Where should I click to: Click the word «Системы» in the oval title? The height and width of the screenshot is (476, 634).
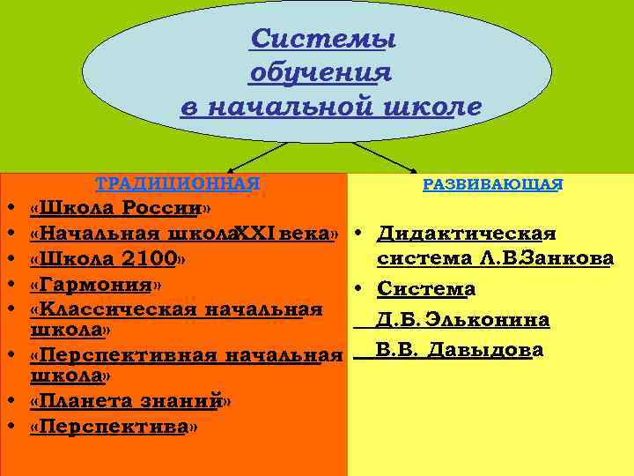(x=321, y=41)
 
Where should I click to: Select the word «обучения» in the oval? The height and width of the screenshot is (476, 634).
(x=321, y=73)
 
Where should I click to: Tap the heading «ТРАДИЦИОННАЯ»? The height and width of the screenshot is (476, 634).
(x=178, y=183)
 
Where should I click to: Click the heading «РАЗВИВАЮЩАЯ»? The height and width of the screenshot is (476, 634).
(x=493, y=184)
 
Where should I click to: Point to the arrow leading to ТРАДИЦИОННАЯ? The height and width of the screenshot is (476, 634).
(x=255, y=158)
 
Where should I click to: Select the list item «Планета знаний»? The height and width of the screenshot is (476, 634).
(x=130, y=401)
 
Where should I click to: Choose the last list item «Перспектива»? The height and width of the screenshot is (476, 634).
(x=114, y=427)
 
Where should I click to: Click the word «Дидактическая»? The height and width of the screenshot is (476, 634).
(x=466, y=234)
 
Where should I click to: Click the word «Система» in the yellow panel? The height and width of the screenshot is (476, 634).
(x=426, y=289)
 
